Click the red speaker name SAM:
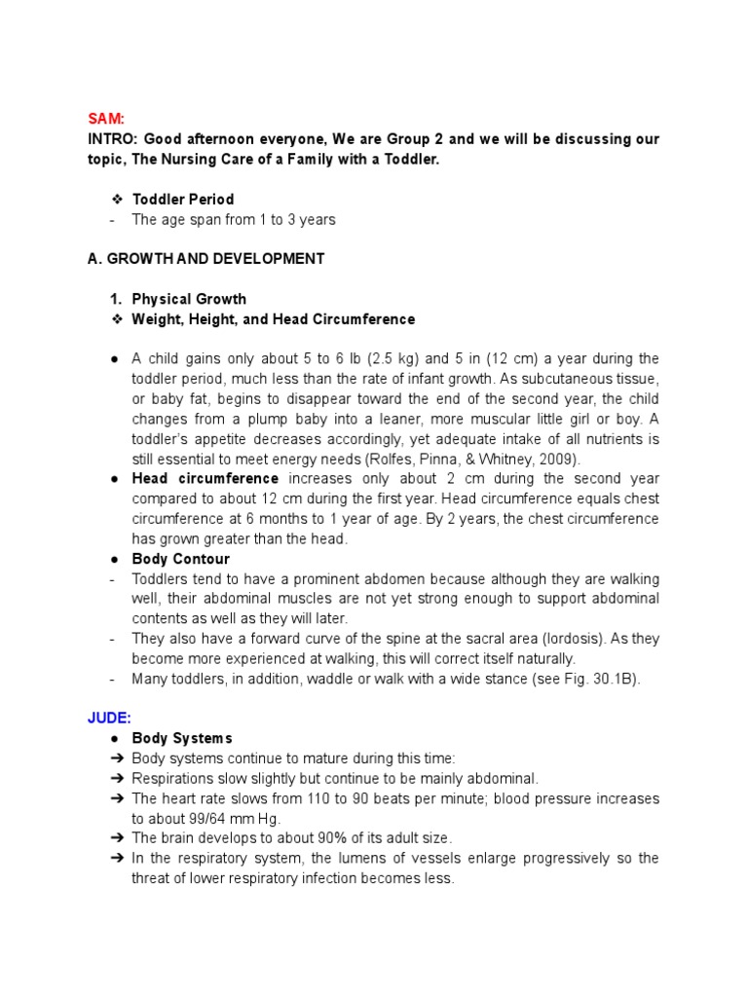tap(106, 119)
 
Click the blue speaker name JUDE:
tap(109, 719)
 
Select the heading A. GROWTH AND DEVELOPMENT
tap(206, 259)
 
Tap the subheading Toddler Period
tap(183, 200)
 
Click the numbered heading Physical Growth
tap(189, 299)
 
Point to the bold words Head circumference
tap(206, 479)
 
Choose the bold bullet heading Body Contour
tap(181, 559)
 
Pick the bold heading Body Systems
tap(182, 738)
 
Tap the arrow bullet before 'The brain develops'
tap(115, 838)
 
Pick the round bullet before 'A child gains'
tap(114, 359)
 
